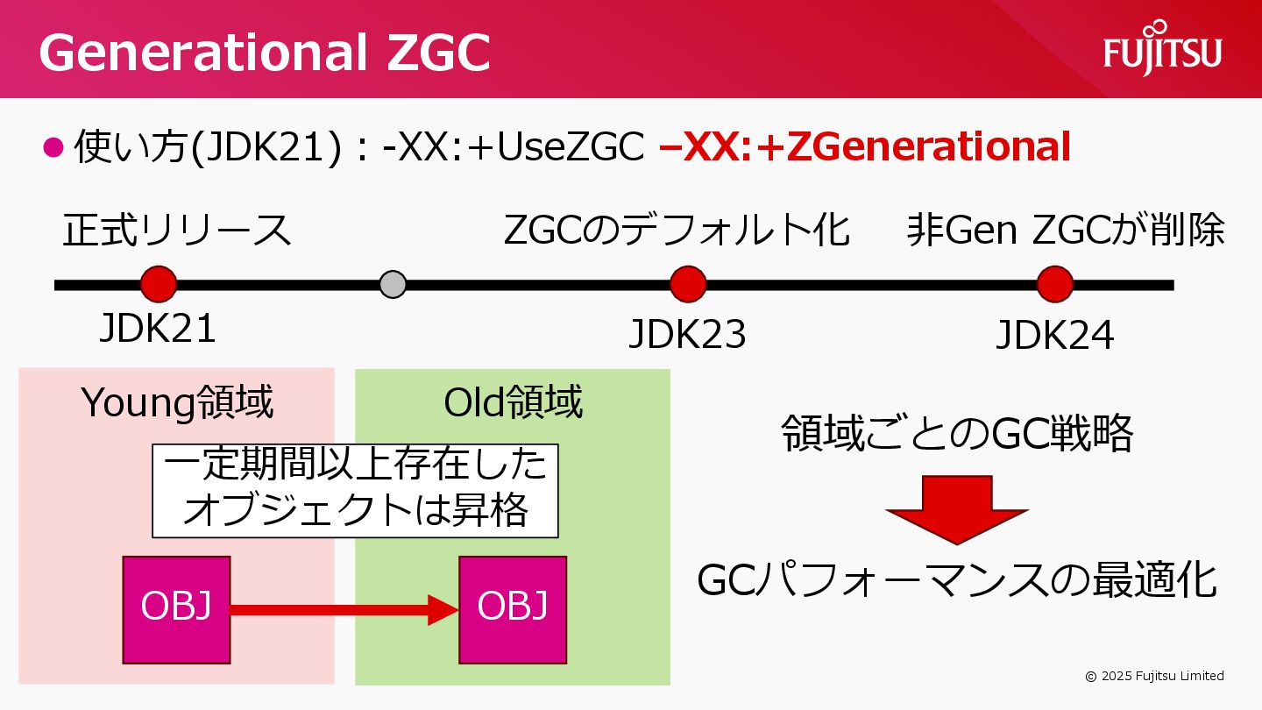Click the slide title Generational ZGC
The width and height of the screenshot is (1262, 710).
tap(264, 53)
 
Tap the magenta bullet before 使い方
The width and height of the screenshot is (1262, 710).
tap(54, 146)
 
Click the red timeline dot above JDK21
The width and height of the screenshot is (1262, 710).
tap(159, 284)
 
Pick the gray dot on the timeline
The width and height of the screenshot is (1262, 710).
tap(393, 284)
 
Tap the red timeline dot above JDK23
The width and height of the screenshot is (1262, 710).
tap(688, 284)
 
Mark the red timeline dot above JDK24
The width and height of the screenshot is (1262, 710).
tap(1054, 284)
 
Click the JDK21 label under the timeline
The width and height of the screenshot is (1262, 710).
tap(158, 330)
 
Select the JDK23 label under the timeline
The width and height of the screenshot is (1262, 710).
tap(688, 335)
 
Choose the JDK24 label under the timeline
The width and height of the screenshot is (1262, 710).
tap(1054, 335)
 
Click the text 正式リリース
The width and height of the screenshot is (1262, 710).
tap(177, 230)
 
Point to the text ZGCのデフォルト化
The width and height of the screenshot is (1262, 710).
tap(677, 230)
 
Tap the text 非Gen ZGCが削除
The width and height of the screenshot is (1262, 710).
tap(1066, 230)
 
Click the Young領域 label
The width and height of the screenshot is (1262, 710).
tap(177, 402)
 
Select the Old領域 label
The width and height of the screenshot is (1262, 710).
tap(513, 402)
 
